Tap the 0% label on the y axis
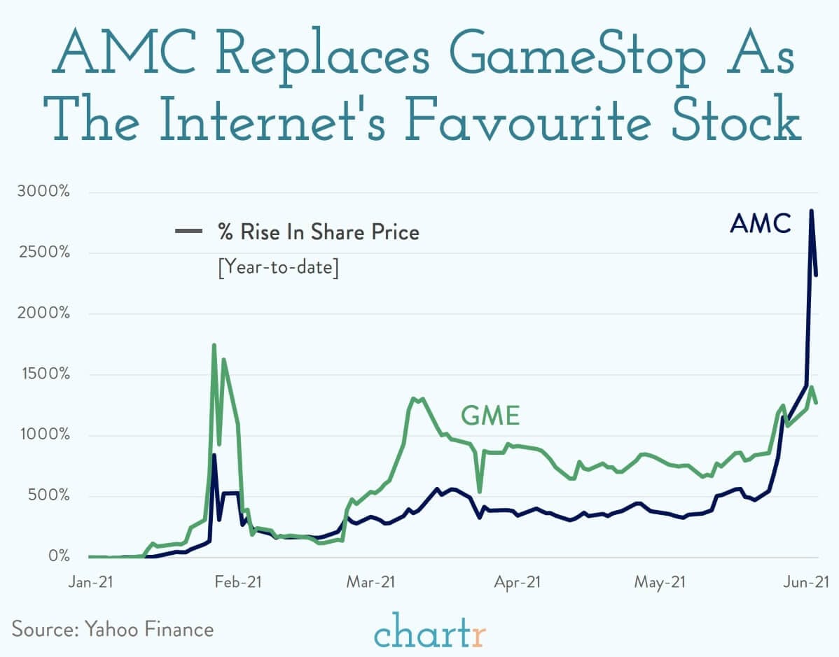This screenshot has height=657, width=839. pyautogui.click(x=59, y=557)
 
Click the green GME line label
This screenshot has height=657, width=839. pyautogui.click(x=490, y=416)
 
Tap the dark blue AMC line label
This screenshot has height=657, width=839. pyautogui.click(x=760, y=223)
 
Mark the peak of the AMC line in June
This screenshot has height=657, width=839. pyautogui.click(x=812, y=211)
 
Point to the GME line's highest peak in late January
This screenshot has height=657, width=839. pyautogui.click(x=214, y=345)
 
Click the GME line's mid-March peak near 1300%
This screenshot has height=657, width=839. pyautogui.click(x=413, y=399)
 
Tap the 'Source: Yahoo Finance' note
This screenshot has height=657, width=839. pyautogui.click(x=113, y=628)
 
